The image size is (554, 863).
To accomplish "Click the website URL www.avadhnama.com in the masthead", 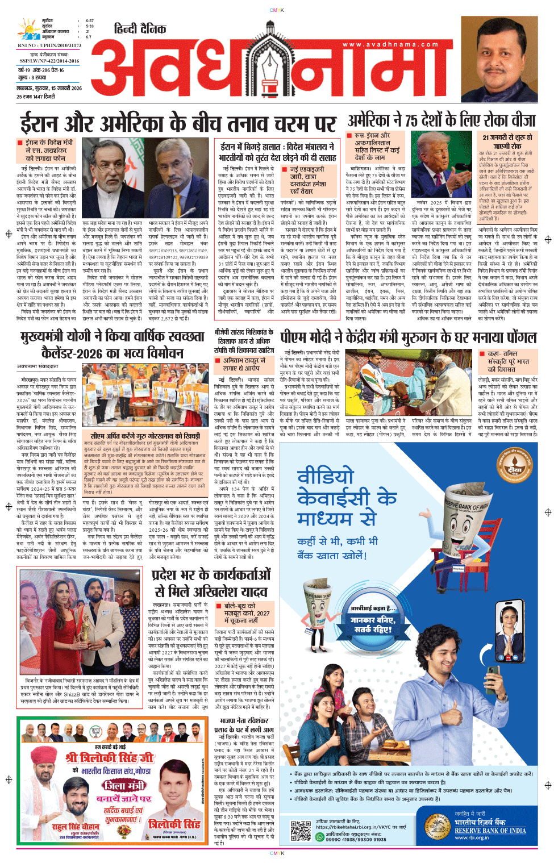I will (x=390, y=44).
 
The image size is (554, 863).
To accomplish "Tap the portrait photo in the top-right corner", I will (x=499, y=58).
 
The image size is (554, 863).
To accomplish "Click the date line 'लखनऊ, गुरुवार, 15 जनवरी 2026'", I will (x=49, y=89).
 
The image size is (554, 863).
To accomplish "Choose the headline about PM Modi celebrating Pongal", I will (x=409, y=337).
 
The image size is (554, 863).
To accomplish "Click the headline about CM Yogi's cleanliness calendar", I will (x=112, y=345).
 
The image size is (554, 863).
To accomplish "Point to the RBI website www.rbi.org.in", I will (x=471, y=837).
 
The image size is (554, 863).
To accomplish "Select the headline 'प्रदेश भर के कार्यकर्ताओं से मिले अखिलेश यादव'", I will (x=211, y=583).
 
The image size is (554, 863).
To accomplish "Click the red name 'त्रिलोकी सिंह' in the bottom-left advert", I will (x=174, y=824).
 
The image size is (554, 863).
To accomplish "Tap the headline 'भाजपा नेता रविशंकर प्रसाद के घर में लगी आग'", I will (x=244, y=725).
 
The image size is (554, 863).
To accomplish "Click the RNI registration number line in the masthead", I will (x=42, y=45).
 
